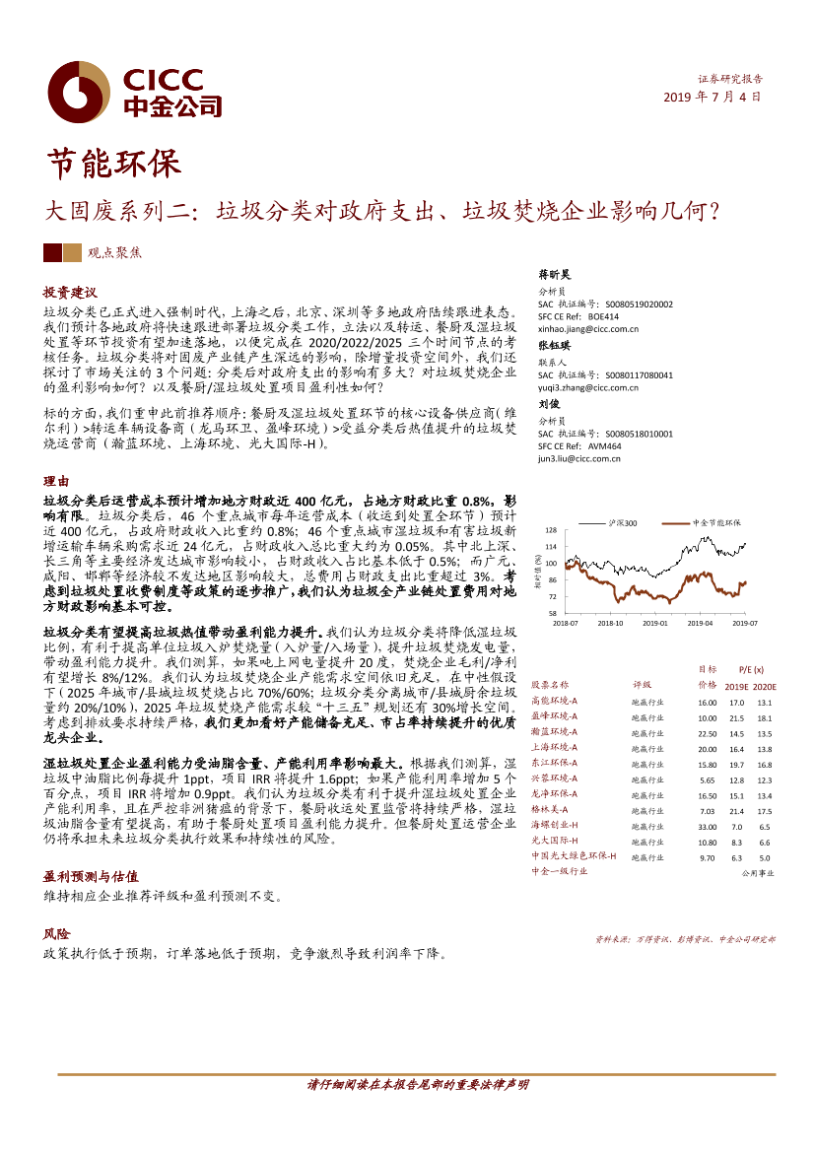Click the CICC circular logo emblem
(x=79, y=93)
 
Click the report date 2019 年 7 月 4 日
(x=713, y=98)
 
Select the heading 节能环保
(x=114, y=164)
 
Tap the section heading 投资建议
(x=70, y=293)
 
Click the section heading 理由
(x=56, y=481)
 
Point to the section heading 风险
(x=56, y=933)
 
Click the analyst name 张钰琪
(x=554, y=346)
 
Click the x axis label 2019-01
(x=655, y=623)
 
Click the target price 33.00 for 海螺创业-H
(x=707, y=825)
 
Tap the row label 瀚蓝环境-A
(x=555, y=733)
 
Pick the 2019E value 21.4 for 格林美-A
(x=735, y=810)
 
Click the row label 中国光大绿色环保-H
(x=574, y=856)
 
